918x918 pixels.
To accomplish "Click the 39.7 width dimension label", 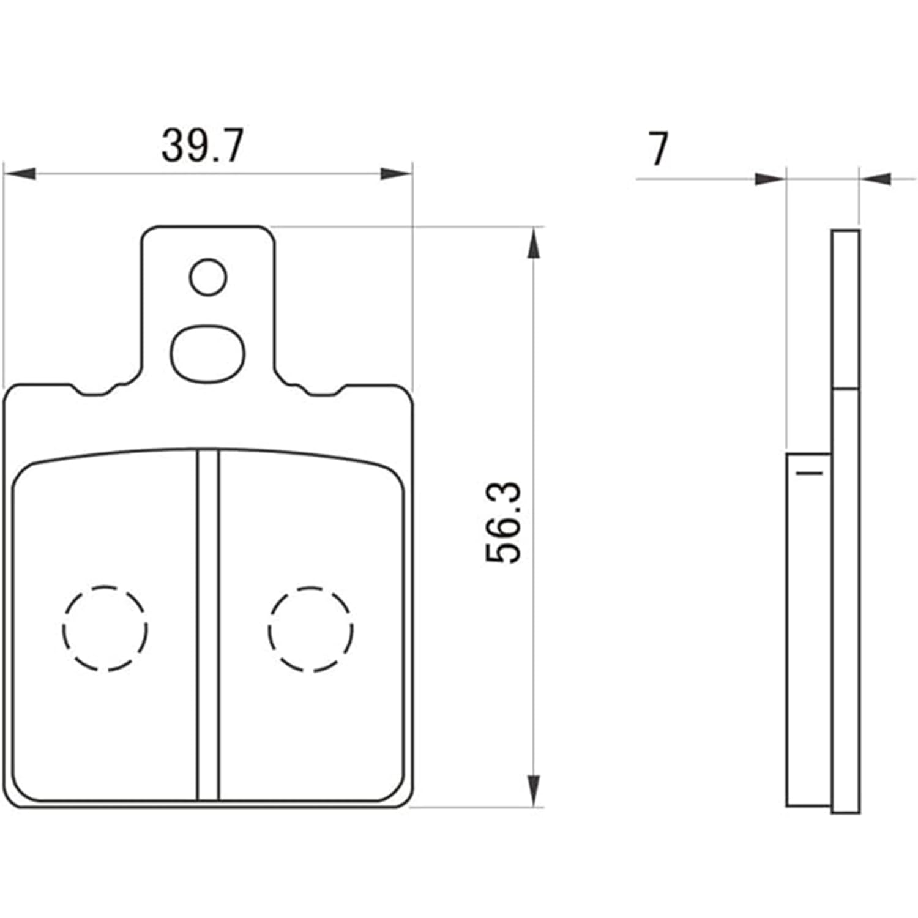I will [202, 146].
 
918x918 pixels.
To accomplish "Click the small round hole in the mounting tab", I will [208, 277].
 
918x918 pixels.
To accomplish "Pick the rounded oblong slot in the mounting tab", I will [207, 354].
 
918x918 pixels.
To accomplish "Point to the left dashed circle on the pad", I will [105, 629].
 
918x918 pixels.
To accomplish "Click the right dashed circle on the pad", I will [310, 629].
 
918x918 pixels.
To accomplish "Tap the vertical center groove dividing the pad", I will [208, 624].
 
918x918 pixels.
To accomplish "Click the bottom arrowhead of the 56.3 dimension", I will [534, 790].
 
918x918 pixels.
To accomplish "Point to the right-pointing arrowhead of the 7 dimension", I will [770, 179].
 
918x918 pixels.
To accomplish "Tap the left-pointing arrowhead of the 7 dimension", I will [876, 179].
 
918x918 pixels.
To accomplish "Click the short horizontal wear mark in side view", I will [808, 472].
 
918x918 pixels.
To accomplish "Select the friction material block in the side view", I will [808, 630].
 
